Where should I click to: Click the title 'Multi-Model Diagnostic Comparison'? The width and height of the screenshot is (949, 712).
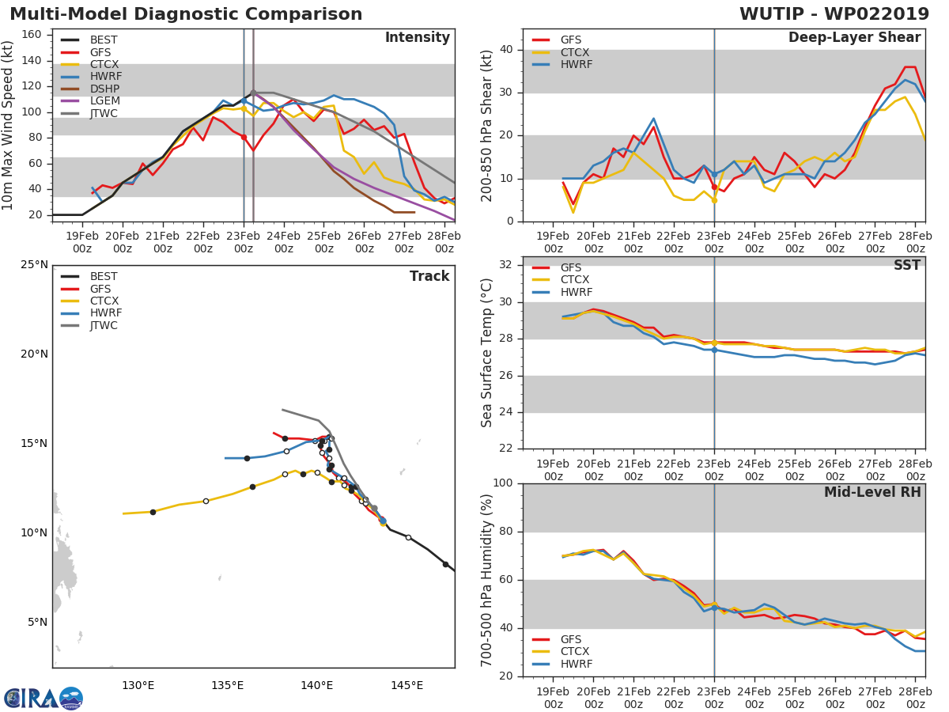[186, 14]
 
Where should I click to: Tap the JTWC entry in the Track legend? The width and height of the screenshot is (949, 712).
[104, 325]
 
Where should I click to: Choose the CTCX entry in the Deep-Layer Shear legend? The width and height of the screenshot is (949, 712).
[575, 52]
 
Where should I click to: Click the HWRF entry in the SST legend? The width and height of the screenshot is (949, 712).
[575, 292]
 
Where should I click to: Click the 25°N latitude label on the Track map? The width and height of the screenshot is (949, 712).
[35, 264]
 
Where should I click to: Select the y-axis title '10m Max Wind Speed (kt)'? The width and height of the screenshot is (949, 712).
[9, 125]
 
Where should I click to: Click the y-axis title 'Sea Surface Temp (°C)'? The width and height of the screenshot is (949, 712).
[487, 352]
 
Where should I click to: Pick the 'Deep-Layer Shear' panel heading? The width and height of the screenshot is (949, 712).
[854, 38]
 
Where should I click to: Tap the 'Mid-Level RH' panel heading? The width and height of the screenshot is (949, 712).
[872, 492]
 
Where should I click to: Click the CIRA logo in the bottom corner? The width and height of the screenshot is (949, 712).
[43, 698]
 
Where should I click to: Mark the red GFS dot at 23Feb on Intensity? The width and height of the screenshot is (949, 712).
[244, 137]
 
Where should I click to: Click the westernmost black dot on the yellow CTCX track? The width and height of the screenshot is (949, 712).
[153, 512]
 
